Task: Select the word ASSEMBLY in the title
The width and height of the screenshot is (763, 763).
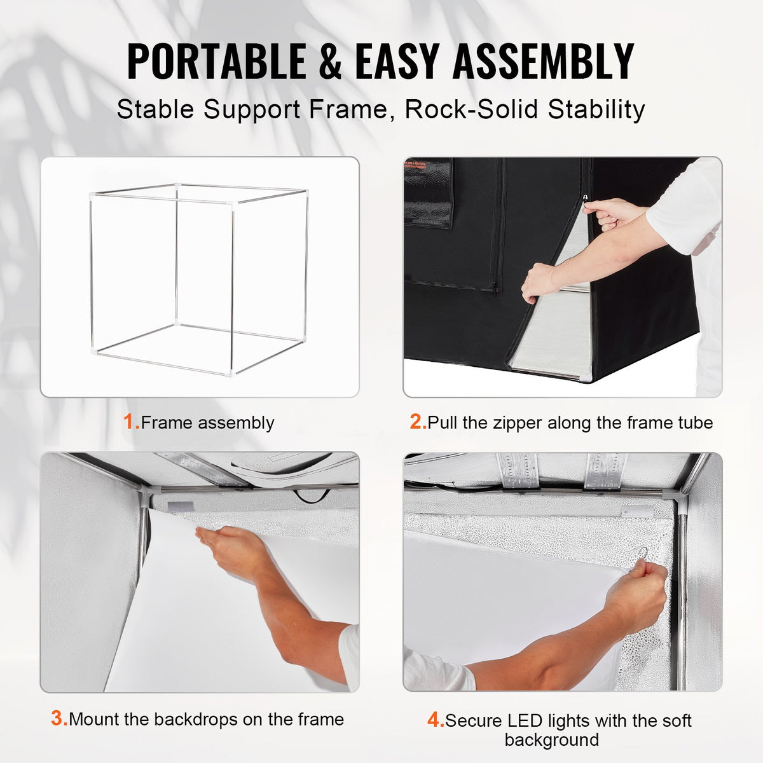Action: (543, 61)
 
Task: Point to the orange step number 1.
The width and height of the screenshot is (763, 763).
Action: (130, 422)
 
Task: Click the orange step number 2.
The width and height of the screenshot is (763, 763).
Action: (417, 422)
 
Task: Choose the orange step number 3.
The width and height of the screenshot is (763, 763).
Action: (58, 719)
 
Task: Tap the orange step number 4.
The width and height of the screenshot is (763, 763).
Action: (434, 720)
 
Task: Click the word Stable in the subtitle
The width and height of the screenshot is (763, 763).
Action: (155, 109)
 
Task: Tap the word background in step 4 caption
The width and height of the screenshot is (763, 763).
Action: (551, 740)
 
